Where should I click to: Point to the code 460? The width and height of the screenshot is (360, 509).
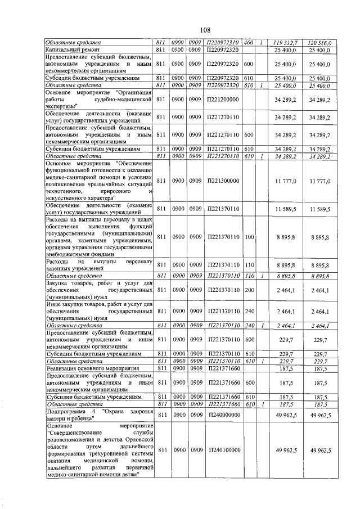tap(249, 43)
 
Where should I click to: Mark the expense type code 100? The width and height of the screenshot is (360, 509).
tap(249, 238)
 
